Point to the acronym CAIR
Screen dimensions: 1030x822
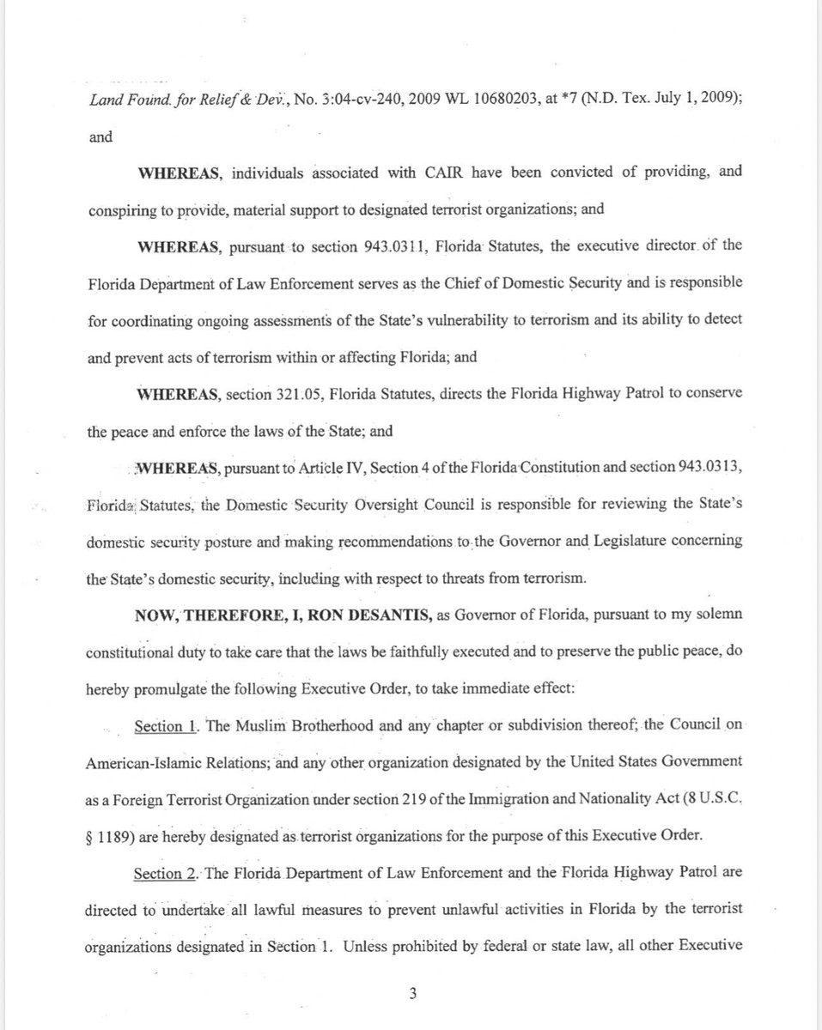[x=445, y=173]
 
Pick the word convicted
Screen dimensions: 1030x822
[x=578, y=173]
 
